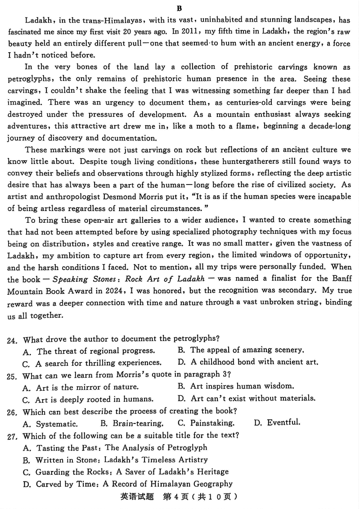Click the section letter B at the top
(180, 8)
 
